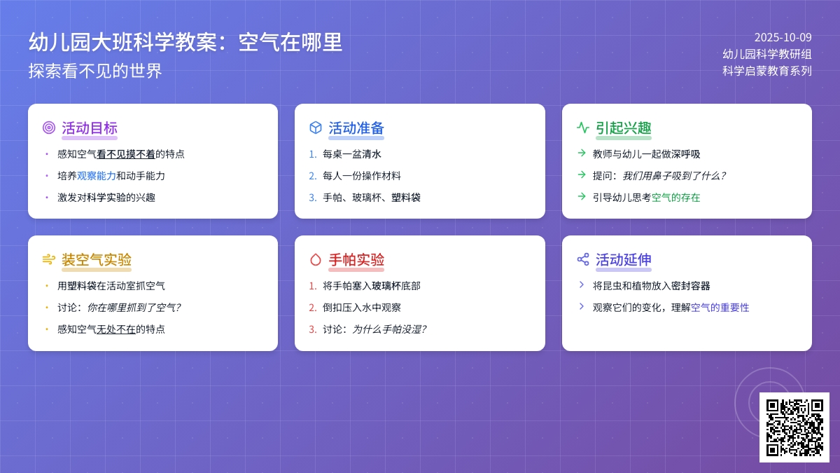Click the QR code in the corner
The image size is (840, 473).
point(794,427)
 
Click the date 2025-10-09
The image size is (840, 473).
point(783,38)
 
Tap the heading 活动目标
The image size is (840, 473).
point(89,128)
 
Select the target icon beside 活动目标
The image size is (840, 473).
point(48,128)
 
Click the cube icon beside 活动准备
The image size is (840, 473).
point(316,128)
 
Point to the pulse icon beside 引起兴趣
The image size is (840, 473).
point(582,128)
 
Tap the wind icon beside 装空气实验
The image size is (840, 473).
point(48,260)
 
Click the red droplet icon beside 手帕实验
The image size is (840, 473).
point(316,260)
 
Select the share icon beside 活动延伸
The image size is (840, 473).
point(582,259)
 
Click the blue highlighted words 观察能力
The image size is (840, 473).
point(97,176)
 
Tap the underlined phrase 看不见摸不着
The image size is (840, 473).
point(126,154)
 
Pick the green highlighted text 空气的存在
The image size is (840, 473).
point(675,198)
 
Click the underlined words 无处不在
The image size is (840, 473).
point(116,329)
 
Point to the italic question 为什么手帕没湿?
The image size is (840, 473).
point(388,329)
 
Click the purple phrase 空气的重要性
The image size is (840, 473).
point(720,308)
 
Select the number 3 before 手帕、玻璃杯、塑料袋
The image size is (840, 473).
point(312,198)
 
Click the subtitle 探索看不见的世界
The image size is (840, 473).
point(95,71)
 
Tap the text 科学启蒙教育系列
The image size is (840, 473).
point(767,71)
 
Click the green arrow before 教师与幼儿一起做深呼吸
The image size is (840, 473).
point(582,153)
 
